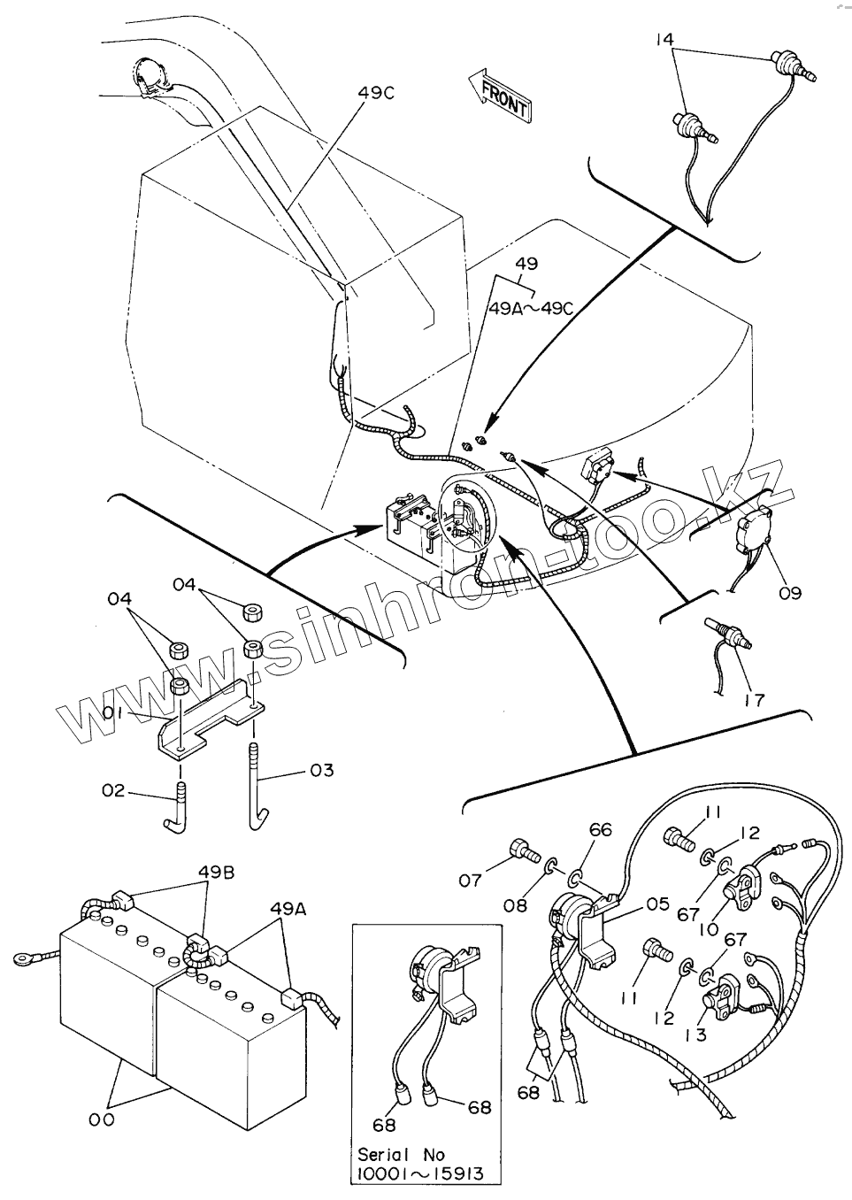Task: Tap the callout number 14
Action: pos(664,40)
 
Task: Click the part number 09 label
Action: pos(790,592)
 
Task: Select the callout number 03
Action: pos(322,770)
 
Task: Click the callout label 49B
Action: pos(216,872)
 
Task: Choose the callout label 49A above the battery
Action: pos(288,908)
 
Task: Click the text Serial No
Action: pos(401,1155)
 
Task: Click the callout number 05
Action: pos(656,904)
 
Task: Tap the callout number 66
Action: pos(601,830)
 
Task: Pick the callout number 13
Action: pos(695,1033)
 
